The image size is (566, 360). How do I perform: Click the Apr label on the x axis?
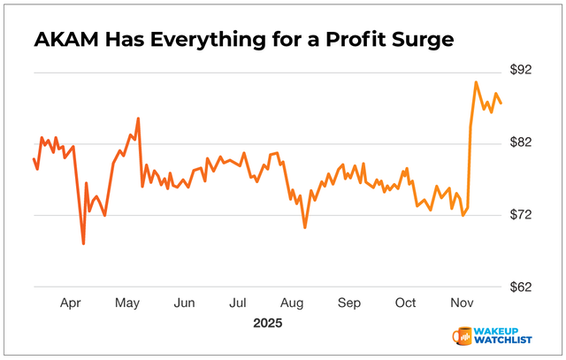click(x=71, y=303)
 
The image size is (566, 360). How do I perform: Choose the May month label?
click(x=128, y=303)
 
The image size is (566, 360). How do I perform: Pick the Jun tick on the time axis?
click(x=184, y=303)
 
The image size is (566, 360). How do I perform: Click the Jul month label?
click(x=239, y=303)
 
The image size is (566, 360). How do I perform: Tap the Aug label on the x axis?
click(x=294, y=303)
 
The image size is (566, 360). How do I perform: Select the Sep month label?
click(x=350, y=303)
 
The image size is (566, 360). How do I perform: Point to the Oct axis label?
click(x=406, y=303)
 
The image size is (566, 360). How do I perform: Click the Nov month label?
click(x=461, y=303)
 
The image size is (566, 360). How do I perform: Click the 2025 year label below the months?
click(x=266, y=323)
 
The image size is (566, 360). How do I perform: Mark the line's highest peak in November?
click(x=476, y=82)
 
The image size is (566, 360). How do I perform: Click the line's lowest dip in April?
click(x=83, y=243)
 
